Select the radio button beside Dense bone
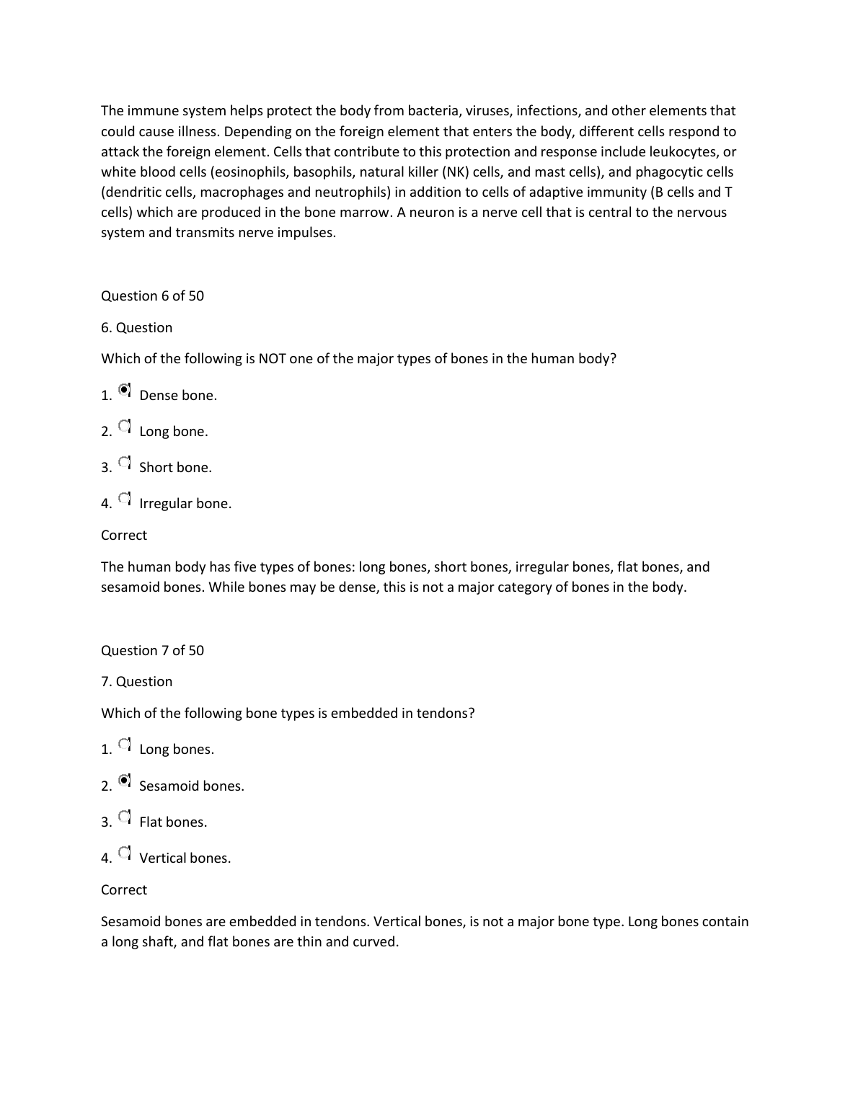point(125,390)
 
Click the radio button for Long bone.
point(125,426)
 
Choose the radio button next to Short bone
point(125,462)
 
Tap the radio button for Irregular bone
point(125,498)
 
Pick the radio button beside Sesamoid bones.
point(125,781)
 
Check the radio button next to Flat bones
point(125,817)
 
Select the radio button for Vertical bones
point(125,853)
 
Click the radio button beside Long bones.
point(125,744)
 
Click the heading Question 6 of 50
point(152,296)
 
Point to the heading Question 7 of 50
point(152,651)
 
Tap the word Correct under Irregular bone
point(124,536)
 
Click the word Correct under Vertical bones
point(124,890)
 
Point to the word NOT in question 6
point(272,359)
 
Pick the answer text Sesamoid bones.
point(191,786)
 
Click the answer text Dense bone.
point(177,396)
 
